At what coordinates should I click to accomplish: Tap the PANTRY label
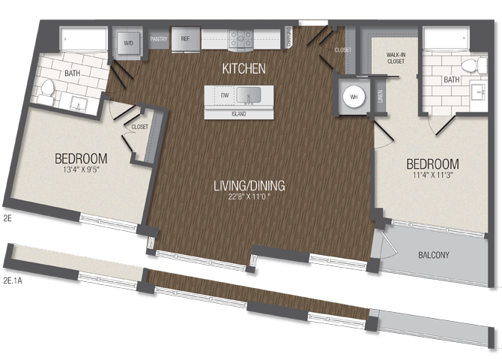click(158, 38)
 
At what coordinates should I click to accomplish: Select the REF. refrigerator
click(184, 40)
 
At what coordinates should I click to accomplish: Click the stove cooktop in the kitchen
click(241, 39)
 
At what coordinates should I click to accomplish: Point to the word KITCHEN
click(244, 68)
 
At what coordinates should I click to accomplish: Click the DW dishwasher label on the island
click(223, 95)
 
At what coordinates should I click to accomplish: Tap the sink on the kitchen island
click(249, 95)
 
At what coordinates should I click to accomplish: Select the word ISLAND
click(239, 114)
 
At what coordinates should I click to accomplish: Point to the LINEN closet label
click(381, 97)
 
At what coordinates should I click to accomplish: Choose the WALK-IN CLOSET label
click(396, 58)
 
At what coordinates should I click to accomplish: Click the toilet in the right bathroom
click(470, 65)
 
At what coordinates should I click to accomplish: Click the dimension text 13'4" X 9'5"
click(81, 173)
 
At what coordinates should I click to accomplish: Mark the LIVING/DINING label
click(248, 185)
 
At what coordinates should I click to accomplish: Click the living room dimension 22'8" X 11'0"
click(248, 199)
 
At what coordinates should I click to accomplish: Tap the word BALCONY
click(433, 255)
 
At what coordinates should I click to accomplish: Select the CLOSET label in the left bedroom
click(139, 127)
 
